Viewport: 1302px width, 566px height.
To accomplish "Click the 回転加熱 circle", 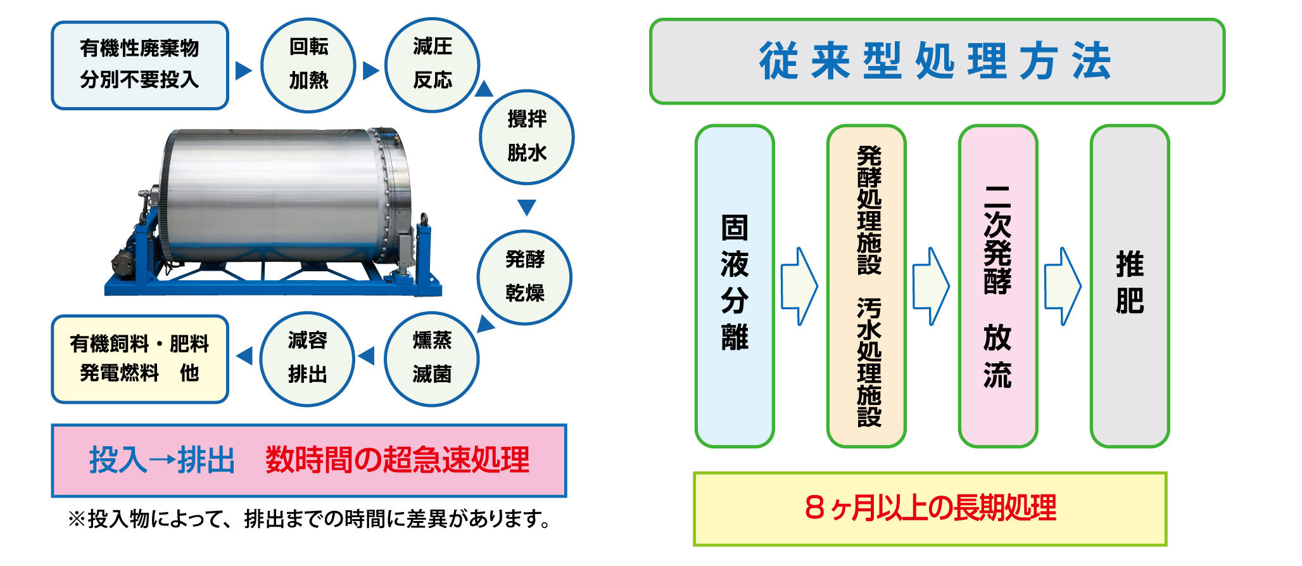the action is tap(308, 65).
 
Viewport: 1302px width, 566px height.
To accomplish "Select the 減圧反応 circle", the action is tap(432, 65).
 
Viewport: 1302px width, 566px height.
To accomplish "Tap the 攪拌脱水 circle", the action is tap(526, 138).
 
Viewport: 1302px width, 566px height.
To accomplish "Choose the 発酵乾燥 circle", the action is tap(524, 278).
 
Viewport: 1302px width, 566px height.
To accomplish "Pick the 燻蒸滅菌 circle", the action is tap(431, 359).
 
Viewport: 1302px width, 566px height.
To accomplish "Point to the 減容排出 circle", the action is tap(307, 359).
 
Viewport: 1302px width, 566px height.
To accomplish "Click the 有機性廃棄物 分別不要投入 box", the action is tap(140, 65).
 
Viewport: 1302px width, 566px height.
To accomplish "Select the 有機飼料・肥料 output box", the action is tap(140, 359).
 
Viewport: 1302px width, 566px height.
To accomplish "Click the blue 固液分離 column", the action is tap(735, 286).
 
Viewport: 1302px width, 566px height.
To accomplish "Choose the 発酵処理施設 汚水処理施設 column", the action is tap(866, 286).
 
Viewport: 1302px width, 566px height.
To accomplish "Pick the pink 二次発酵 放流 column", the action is tap(998, 286).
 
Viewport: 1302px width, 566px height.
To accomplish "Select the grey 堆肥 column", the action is tap(1130, 286).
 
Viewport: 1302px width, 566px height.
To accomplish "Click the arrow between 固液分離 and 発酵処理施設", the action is tap(800, 286).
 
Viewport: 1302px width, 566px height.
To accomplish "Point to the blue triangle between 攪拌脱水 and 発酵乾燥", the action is tap(527, 207).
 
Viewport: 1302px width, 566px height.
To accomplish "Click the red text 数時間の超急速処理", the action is tap(397, 460).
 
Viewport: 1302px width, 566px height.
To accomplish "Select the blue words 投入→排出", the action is tap(162, 460).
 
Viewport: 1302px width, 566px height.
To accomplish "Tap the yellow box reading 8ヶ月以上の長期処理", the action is tap(930, 509).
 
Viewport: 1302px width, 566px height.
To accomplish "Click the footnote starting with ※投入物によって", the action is tap(310, 519).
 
